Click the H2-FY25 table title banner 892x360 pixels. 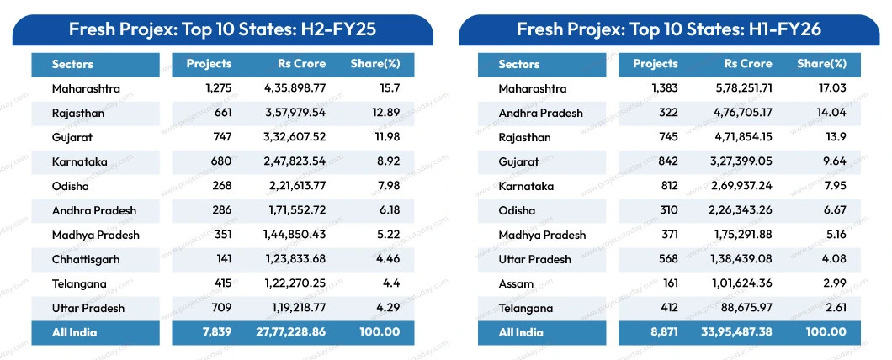point(222,30)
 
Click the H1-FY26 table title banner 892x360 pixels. point(668,30)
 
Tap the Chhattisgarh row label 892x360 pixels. point(86,259)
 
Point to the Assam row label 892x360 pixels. point(516,283)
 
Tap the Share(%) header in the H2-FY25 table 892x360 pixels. point(374,64)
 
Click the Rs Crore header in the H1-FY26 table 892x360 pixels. point(748,64)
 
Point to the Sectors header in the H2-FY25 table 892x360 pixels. point(72,64)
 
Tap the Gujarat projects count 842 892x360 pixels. point(663,161)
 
